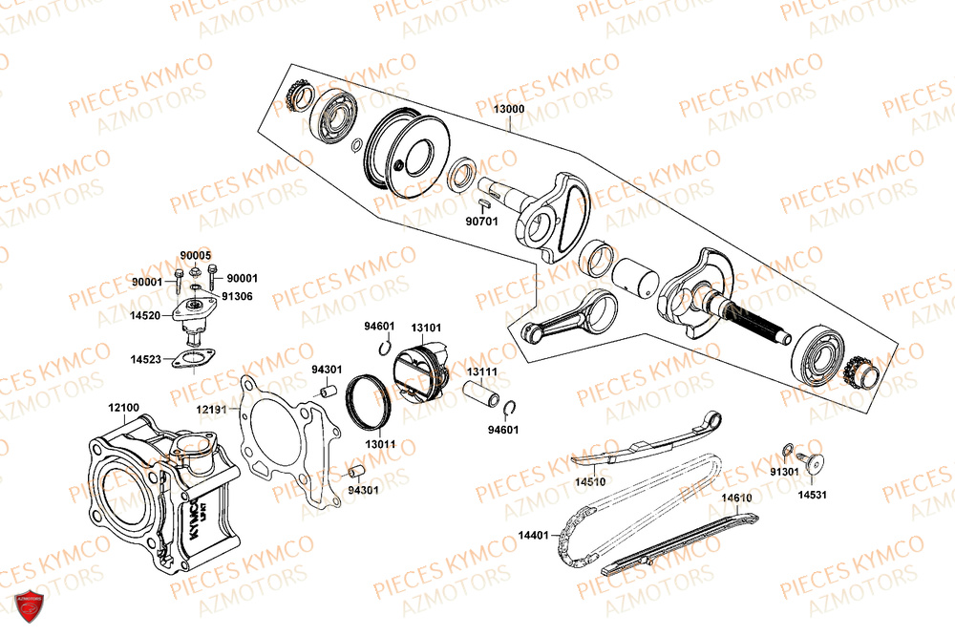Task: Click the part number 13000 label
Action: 508,110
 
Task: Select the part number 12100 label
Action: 123,409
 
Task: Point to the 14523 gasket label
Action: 146,360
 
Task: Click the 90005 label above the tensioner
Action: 195,256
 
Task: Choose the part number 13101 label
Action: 426,328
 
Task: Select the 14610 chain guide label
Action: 736,498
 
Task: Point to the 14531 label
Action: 813,495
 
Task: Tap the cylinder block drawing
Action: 158,497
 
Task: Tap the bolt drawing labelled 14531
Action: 815,463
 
